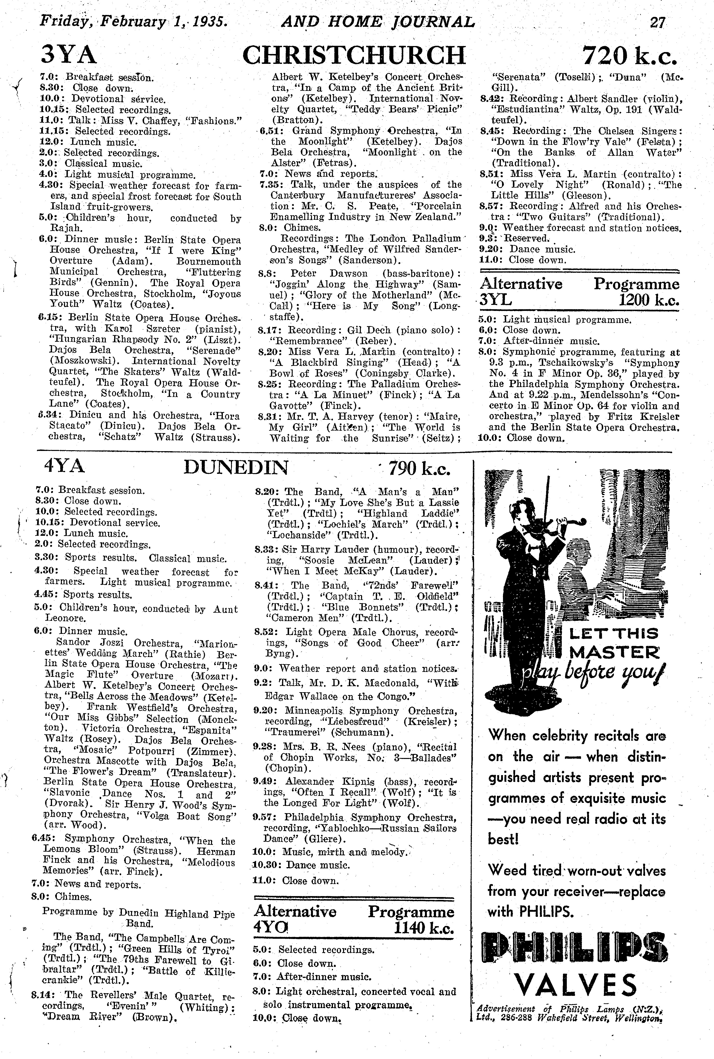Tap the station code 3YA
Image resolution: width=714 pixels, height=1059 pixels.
pos(69,56)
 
